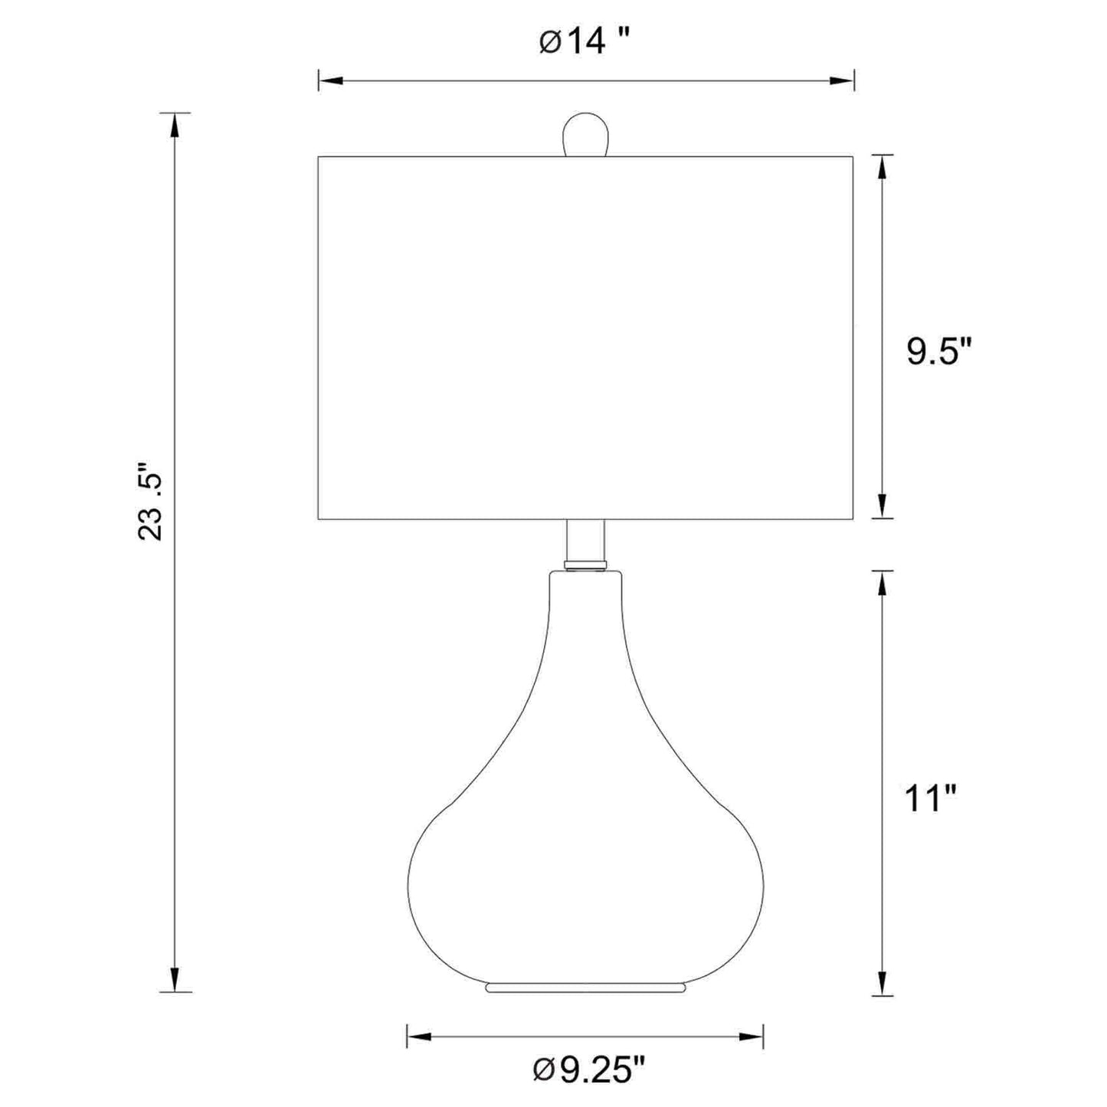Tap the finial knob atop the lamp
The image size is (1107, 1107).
[x=585, y=134]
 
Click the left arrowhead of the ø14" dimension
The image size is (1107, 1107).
[x=330, y=81]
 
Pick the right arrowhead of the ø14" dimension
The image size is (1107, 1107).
[x=842, y=81]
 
